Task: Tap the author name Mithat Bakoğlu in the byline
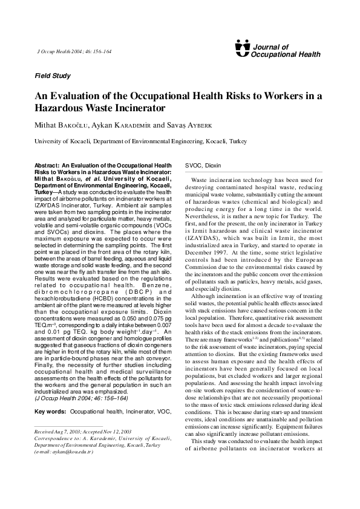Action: [x=62, y=125]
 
